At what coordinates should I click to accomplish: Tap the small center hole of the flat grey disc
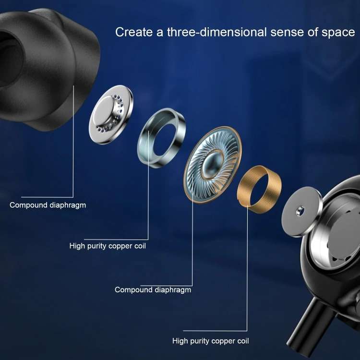coord(300,210)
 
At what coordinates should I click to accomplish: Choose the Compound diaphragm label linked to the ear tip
coord(48,205)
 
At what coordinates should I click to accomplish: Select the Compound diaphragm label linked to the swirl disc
coord(153,289)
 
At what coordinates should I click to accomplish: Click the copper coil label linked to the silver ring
coord(108,246)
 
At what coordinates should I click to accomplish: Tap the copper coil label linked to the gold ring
coord(210,341)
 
